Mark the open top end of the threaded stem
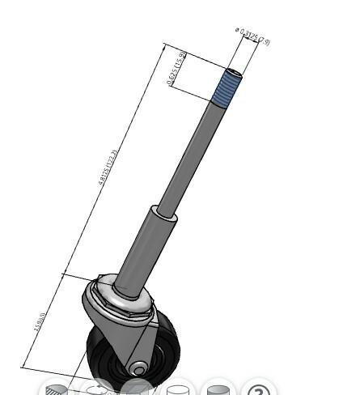pyautogui.click(x=233, y=71)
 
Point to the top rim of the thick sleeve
pyautogui.click(x=165, y=212)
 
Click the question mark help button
pyautogui.click(x=257, y=390)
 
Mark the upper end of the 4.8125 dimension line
pyautogui.click(x=163, y=45)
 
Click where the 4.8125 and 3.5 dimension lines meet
pyautogui.click(x=63, y=274)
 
